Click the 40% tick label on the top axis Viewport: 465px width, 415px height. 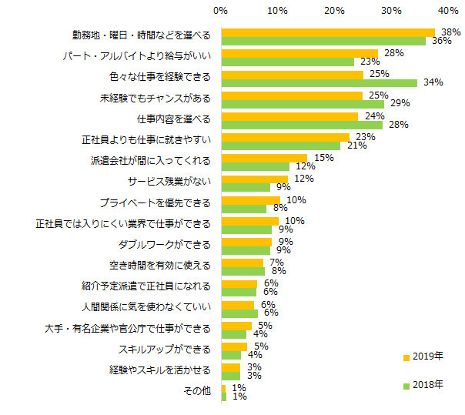click(448, 11)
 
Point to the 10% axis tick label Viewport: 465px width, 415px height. click(277, 11)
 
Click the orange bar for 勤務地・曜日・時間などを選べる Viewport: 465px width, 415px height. click(328, 32)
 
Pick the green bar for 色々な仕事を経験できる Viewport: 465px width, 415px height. click(319, 82)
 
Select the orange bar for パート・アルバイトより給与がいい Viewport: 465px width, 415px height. click(299, 53)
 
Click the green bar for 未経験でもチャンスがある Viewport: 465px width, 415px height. click(303, 104)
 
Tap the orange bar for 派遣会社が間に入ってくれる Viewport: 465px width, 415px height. click(264, 158)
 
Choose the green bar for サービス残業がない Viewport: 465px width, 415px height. click(246, 186)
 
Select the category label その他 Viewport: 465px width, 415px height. click(196, 391)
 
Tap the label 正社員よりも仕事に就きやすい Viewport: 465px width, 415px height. click(151, 140)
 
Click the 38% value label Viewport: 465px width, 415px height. click(450, 32)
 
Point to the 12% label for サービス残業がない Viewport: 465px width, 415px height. click(304, 179)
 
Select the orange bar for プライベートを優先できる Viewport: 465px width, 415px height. click(250, 199)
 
